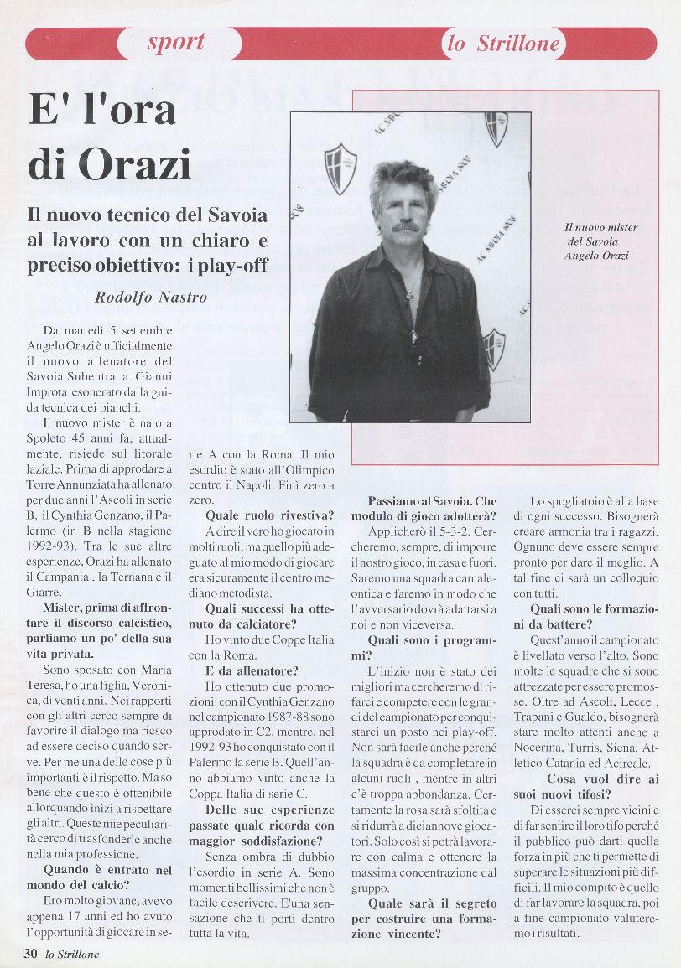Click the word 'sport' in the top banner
(176, 43)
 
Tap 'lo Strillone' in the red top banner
(503, 44)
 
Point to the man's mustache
(405, 226)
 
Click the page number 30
(30, 953)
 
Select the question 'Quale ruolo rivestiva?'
(269, 515)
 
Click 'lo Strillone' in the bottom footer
(72, 954)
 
